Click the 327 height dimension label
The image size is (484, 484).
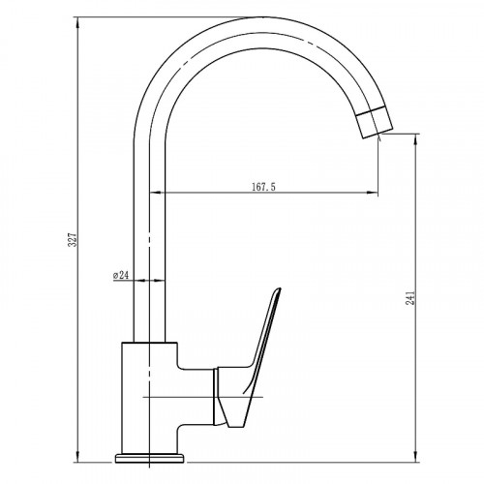pos(74,239)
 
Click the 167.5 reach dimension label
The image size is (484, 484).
pos(263,187)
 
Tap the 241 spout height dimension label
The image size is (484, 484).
pos(410,298)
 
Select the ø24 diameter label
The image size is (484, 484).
pos(121,275)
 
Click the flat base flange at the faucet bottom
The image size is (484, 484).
pos(149,458)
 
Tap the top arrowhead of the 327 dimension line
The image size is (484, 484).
pos(77,21)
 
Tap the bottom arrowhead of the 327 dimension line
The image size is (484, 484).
pos(77,457)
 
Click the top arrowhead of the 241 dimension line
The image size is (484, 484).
pos(415,138)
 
